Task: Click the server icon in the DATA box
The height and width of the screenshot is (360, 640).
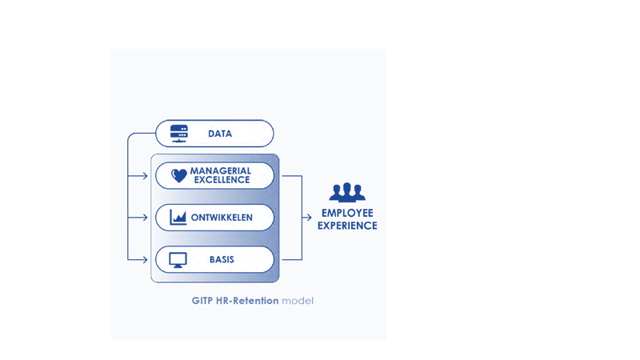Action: pos(178,134)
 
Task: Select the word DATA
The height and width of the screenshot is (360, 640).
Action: pos(220,134)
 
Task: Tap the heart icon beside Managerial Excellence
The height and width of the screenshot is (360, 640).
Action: pos(178,176)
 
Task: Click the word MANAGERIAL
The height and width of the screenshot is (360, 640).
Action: pos(220,170)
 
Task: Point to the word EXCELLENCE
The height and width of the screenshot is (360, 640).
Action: pos(222,180)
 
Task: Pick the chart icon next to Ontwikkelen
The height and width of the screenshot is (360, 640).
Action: pos(178,218)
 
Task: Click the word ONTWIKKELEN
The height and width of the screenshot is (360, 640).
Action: pos(222,218)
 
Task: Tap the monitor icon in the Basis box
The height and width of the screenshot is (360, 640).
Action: pos(178,260)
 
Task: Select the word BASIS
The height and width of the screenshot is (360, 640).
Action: pos(222,260)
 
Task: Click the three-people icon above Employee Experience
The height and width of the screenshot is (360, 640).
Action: pos(347,193)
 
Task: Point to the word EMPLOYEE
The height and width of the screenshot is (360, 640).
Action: pos(347,213)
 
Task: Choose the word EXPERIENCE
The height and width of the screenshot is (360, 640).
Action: pos(347,226)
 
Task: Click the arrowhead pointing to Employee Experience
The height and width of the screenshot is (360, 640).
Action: pos(308,218)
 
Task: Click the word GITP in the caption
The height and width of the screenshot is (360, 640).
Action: pos(202,301)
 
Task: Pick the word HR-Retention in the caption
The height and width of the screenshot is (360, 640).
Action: pos(247,301)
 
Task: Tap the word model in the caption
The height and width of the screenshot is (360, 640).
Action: pos(298,301)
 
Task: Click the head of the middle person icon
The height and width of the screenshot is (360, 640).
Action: pos(347,187)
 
